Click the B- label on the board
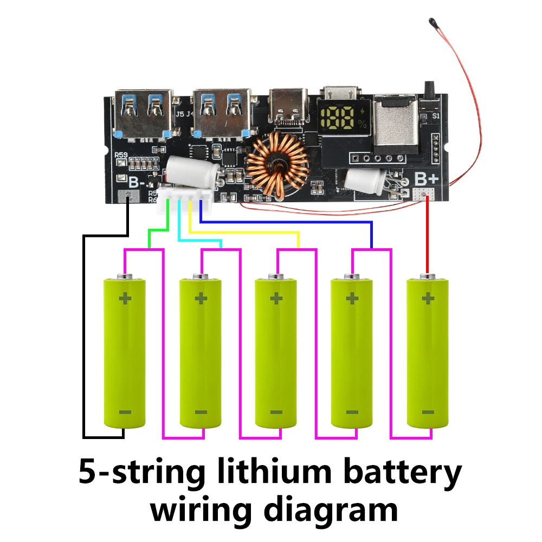135,182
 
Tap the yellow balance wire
244,233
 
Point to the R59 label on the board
121,156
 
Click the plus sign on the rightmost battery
428,298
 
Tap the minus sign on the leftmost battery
125,412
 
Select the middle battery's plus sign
276,298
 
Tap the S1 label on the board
435,115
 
